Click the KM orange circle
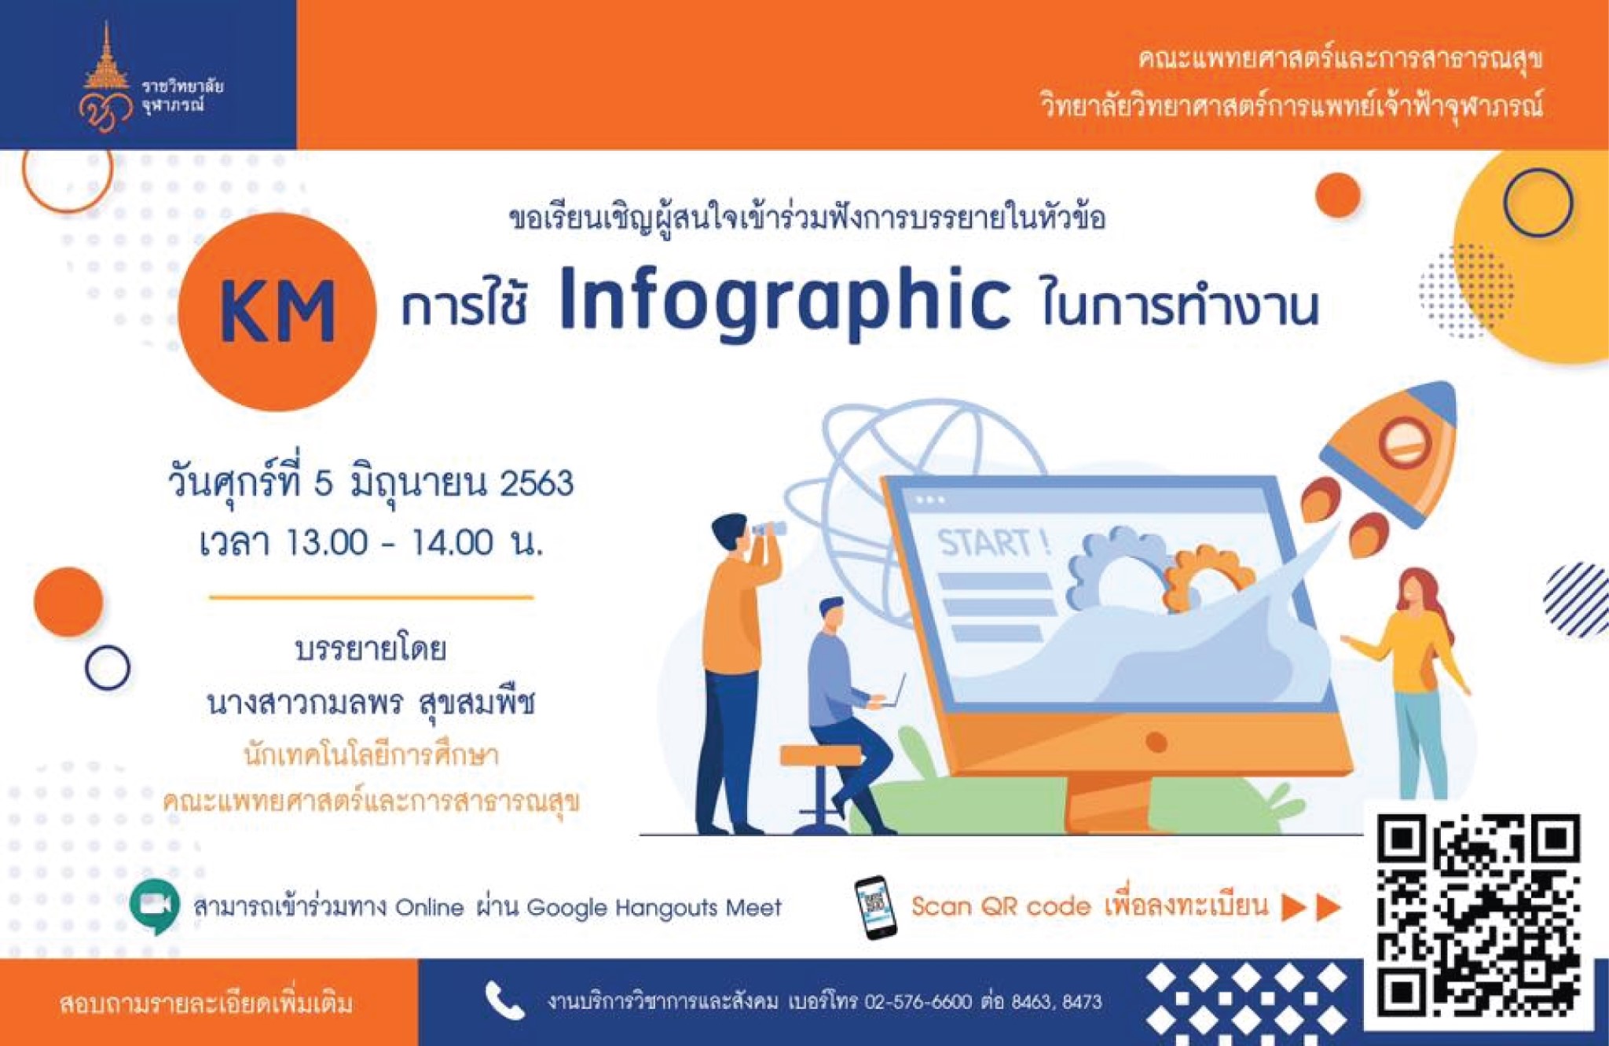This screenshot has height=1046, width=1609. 277,312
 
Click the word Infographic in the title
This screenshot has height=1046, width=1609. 785,303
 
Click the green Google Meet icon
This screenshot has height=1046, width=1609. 155,906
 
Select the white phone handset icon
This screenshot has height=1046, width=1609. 504,1000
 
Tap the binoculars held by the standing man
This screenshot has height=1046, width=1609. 766,529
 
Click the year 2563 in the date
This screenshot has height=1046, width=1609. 537,483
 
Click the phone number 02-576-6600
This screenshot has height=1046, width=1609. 918,1002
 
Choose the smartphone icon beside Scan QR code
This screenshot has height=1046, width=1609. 875,907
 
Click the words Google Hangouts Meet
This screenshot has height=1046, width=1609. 654,908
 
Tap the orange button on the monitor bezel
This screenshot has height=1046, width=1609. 1156,741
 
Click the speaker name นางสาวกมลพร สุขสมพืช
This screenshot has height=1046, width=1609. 371,703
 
